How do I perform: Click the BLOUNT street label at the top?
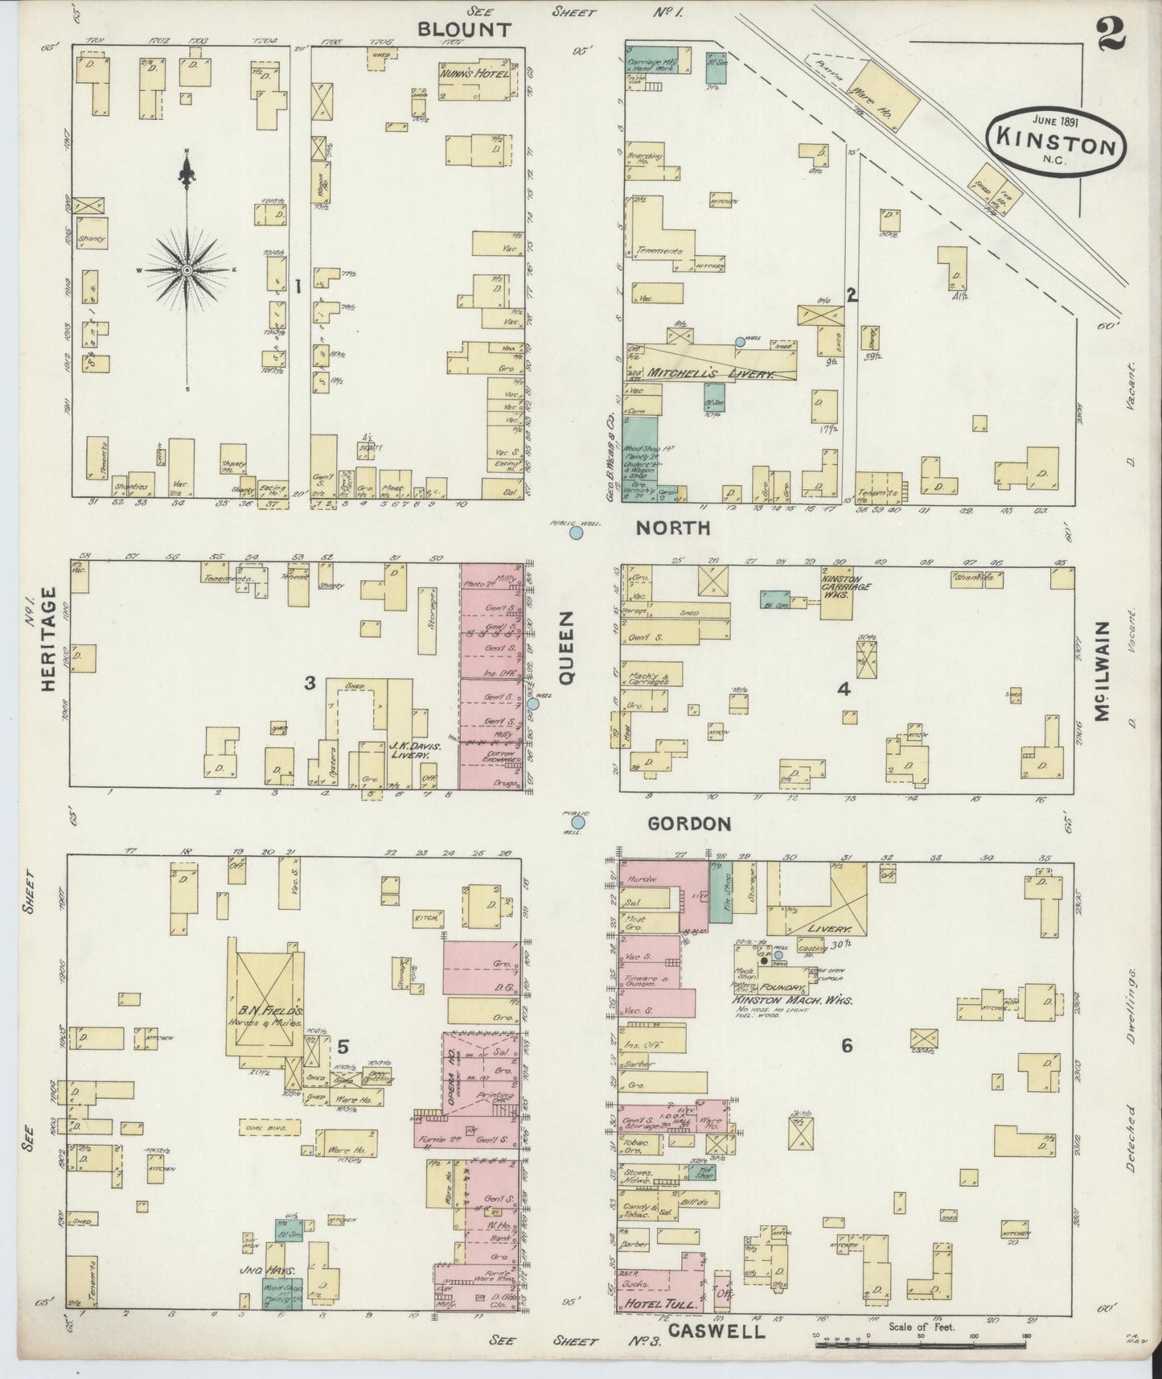[x=464, y=30]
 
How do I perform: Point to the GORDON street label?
[x=689, y=824]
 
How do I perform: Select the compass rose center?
[x=187, y=269]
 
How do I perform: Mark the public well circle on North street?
[x=576, y=533]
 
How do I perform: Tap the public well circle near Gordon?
[x=577, y=822]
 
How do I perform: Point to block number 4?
[x=843, y=689]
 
